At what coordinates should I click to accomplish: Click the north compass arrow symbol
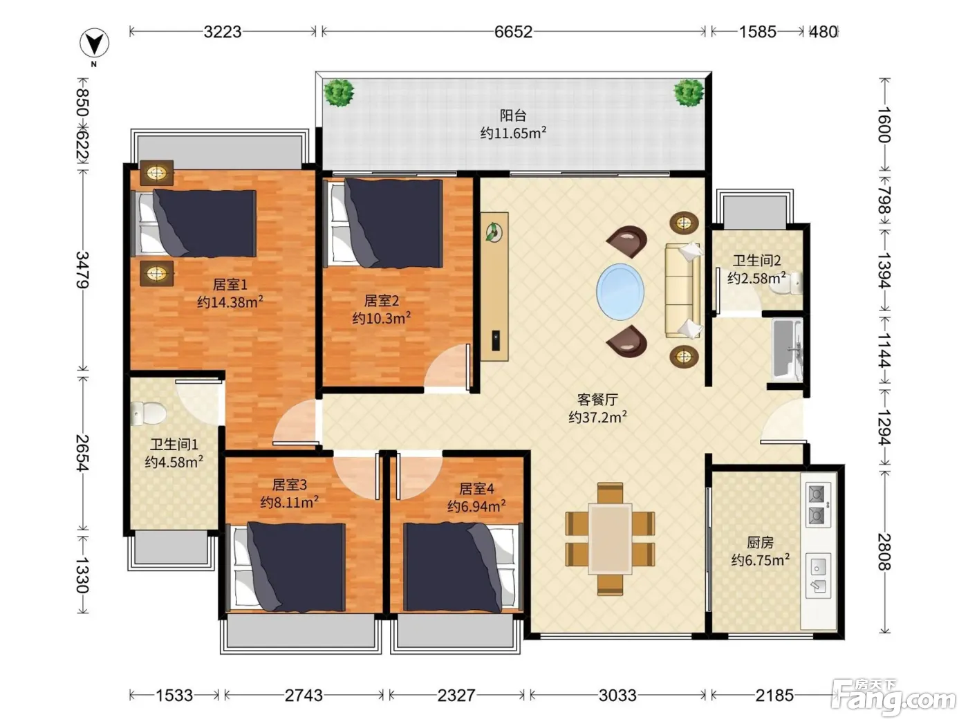click(x=94, y=43)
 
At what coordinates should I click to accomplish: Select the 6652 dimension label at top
click(x=513, y=32)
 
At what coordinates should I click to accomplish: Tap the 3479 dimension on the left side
click(x=82, y=270)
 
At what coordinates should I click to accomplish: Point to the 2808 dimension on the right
click(x=884, y=552)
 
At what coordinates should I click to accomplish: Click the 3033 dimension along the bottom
click(x=617, y=696)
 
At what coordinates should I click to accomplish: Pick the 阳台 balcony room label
click(x=513, y=115)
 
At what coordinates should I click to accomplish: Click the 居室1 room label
click(x=230, y=284)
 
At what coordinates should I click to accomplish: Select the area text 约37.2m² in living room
click(x=597, y=417)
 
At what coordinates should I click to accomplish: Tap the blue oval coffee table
click(x=620, y=292)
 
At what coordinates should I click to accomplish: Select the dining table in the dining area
click(x=611, y=539)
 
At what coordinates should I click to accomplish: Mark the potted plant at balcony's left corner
click(x=339, y=93)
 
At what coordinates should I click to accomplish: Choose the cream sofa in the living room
click(x=682, y=291)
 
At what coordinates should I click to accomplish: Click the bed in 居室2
click(x=383, y=223)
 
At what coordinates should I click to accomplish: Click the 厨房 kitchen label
click(x=760, y=542)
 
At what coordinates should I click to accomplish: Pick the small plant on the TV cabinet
click(x=494, y=232)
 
